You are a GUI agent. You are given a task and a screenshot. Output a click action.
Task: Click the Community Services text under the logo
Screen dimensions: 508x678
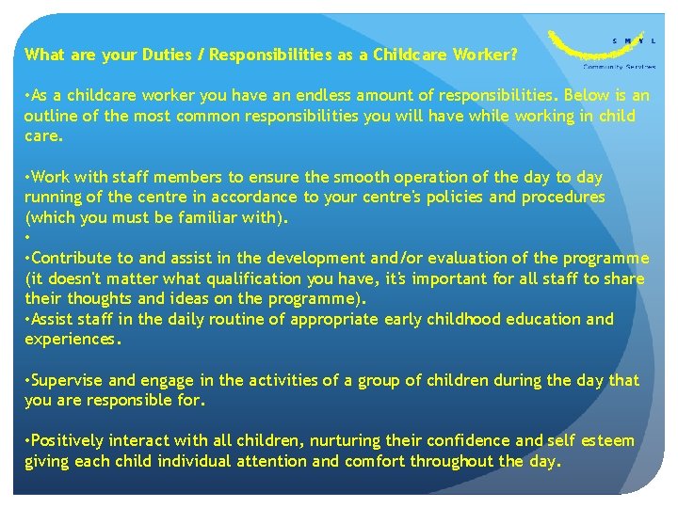[x=620, y=67]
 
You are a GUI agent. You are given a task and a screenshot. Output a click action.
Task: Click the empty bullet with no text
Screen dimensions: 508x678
[x=27, y=238]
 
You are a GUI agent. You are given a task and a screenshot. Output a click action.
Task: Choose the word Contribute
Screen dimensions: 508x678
[x=73, y=258]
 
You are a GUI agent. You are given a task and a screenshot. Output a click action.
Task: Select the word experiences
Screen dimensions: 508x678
[x=73, y=339]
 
